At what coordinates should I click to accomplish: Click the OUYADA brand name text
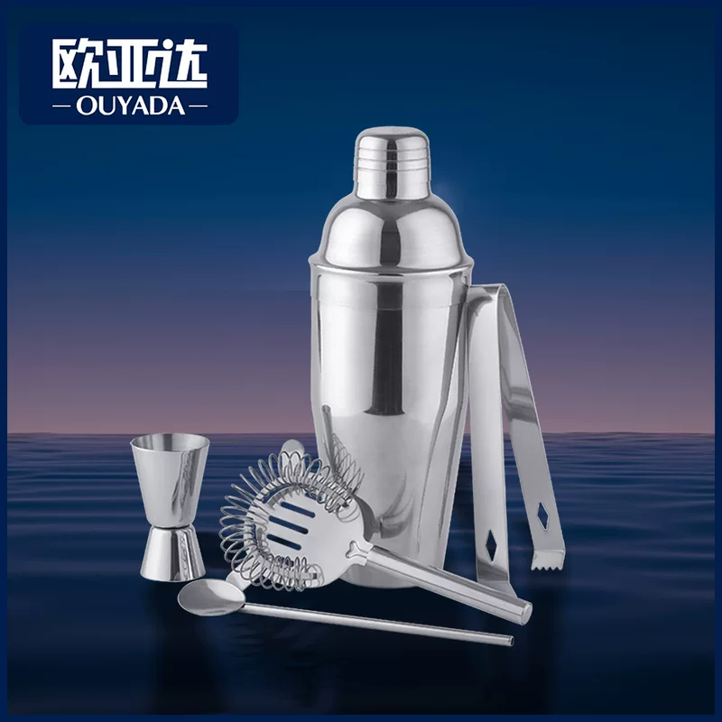[x=130, y=106]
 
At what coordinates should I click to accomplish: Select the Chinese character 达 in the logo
[x=183, y=64]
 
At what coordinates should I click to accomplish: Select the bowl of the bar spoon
[x=211, y=597]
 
